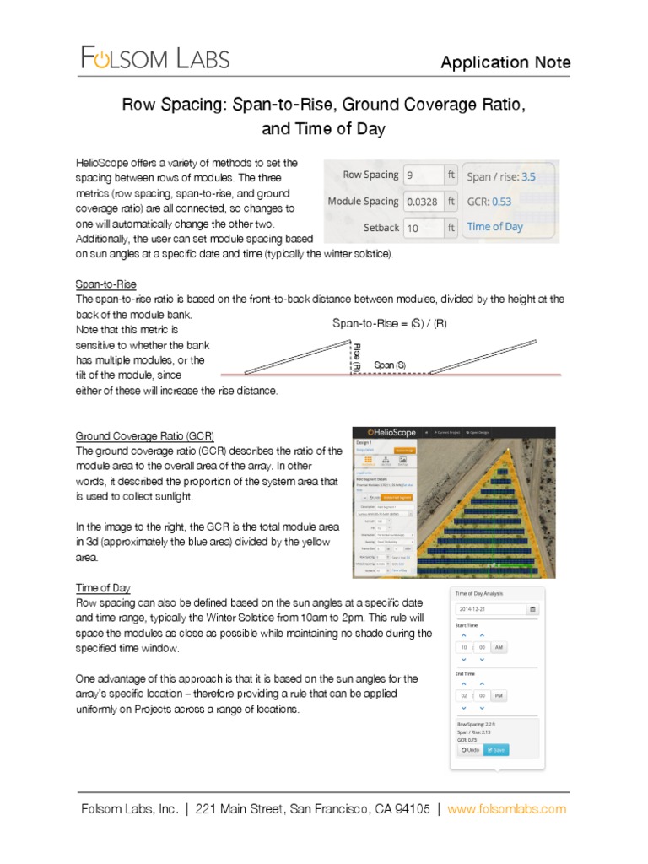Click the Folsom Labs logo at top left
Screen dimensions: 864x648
pos(154,58)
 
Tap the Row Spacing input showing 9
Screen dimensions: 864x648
pos(423,175)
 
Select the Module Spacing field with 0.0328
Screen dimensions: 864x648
pos(423,202)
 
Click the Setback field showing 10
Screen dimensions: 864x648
pos(423,228)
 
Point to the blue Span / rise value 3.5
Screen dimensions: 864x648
pos(528,176)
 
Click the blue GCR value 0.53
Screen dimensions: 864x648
pos(501,202)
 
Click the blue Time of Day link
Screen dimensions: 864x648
pos(494,227)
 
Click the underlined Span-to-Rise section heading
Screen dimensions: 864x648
pos(106,284)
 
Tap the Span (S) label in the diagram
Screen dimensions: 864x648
pos(390,364)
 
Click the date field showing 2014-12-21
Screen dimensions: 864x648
pos(489,609)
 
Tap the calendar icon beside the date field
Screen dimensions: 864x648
pos(532,609)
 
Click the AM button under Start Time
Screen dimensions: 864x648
pos(499,647)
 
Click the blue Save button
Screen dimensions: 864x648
pos(496,749)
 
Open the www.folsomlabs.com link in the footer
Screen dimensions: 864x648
pos(506,809)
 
